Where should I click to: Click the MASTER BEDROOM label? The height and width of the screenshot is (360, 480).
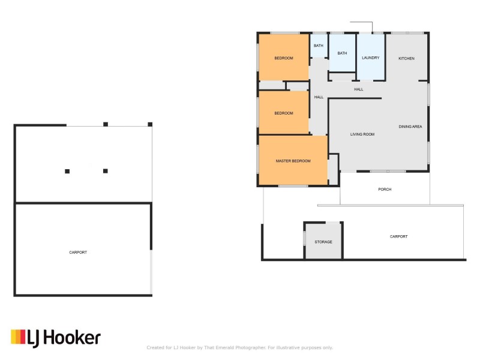click(x=293, y=161)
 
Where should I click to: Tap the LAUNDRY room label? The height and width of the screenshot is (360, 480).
click(x=370, y=58)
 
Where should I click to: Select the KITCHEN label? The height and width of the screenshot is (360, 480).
click(x=406, y=58)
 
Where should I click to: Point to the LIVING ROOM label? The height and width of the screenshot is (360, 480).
click(x=362, y=134)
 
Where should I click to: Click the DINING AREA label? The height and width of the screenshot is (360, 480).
click(x=410, y=127)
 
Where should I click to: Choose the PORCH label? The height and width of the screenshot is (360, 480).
click(x=385, y=190)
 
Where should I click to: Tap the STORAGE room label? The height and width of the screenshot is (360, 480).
click(x=323, y=242)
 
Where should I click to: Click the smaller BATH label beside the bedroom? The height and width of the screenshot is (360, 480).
click(x=319, y=46)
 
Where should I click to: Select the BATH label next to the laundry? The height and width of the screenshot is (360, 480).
click(x=342, y=53)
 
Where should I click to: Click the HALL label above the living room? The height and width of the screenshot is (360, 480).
click(x=358, y=89)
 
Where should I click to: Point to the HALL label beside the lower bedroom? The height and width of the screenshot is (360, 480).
click(x=319, y=97)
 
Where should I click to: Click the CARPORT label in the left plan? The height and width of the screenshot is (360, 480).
click(x=78, y=253)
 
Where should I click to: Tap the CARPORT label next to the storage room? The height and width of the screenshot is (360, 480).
click(x=398, y=236)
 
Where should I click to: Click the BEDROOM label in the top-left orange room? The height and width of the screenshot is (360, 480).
click(x=284, y=58)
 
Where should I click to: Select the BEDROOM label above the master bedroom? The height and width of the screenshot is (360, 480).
click(x=284, y=113)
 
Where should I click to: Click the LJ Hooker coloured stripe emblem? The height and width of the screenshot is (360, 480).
click(x=18, y=337)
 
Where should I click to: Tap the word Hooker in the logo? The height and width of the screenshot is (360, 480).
click(x=72, y=338)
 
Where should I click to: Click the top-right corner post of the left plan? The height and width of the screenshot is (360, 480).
click(x=150, y=124)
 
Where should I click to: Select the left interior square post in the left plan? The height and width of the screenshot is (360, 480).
click(x=67, y=172)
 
